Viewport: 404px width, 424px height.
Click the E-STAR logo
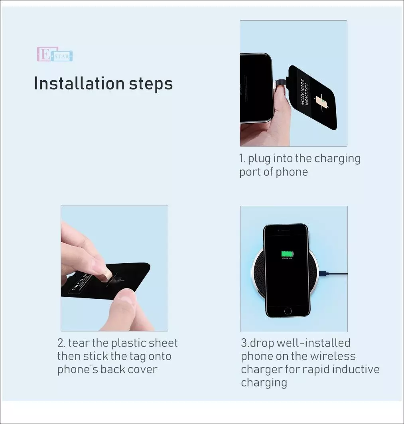coord(55,55)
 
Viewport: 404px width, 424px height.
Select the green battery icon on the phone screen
coord(287,254)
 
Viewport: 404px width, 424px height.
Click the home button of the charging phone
coord(288,310)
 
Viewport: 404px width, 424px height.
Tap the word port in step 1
coord(248,172)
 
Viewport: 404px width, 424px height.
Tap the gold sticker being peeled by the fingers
coord(107,275)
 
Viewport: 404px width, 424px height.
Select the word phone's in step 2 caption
coord(77,369)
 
